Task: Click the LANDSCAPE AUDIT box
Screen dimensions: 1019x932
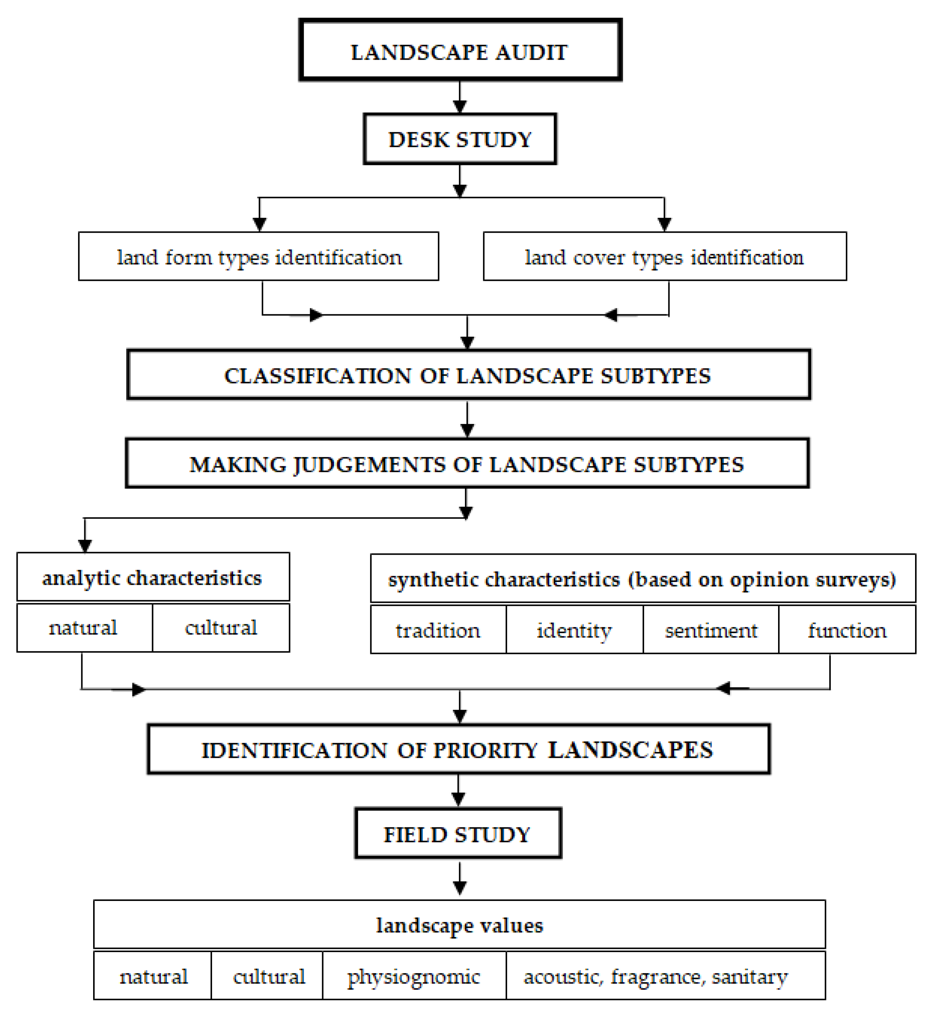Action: (460, 50)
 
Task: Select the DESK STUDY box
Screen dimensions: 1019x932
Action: (460, 139)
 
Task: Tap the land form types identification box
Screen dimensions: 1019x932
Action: (259, 257)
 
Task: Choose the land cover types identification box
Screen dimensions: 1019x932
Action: (665, 257)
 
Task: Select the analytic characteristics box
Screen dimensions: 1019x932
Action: (153, 577)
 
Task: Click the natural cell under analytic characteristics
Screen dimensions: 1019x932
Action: (84, 628)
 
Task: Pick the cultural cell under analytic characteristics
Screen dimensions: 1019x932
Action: (221, 628)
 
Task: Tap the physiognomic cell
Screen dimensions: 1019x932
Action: (414, 977)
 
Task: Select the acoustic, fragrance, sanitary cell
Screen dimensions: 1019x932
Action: (655, 977)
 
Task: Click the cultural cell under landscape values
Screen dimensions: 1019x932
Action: (269, 977)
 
